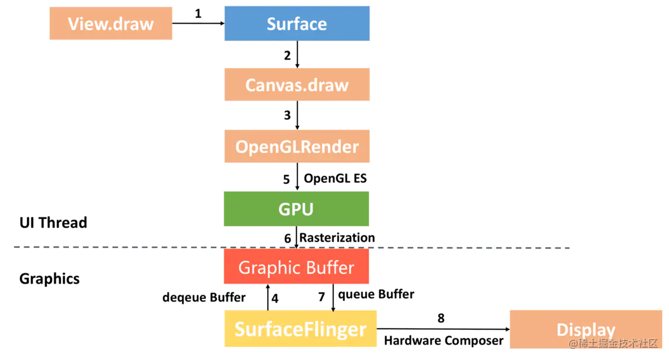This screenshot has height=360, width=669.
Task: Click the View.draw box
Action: (110, 23)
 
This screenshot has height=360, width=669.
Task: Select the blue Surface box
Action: (297, 23)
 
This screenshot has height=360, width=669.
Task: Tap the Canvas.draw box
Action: (297, 85)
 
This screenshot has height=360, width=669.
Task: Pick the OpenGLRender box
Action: (297, 147)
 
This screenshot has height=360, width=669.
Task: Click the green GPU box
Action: (296, 209)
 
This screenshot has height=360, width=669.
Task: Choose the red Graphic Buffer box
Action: (296, 267)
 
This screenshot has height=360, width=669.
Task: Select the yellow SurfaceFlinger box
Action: (300, 329)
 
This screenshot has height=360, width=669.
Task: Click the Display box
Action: (585, 329)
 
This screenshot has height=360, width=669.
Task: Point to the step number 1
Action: (198, 14)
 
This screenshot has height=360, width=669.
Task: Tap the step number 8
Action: (441, 318)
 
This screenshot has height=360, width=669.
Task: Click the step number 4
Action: (274, 298)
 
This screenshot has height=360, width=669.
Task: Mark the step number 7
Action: (322, 297)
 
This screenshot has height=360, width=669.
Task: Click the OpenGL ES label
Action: (335, 179)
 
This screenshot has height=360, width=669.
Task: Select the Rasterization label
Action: (337, 238)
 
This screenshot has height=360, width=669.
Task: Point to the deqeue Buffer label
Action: (204, 298)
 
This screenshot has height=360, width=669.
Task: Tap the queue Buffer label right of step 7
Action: (376, 294)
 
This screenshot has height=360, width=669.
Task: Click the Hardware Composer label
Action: (444, 340)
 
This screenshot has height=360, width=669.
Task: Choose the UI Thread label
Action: (54, 223)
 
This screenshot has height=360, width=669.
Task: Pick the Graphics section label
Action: (50, 279)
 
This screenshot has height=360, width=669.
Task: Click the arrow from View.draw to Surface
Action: (198, 23)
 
